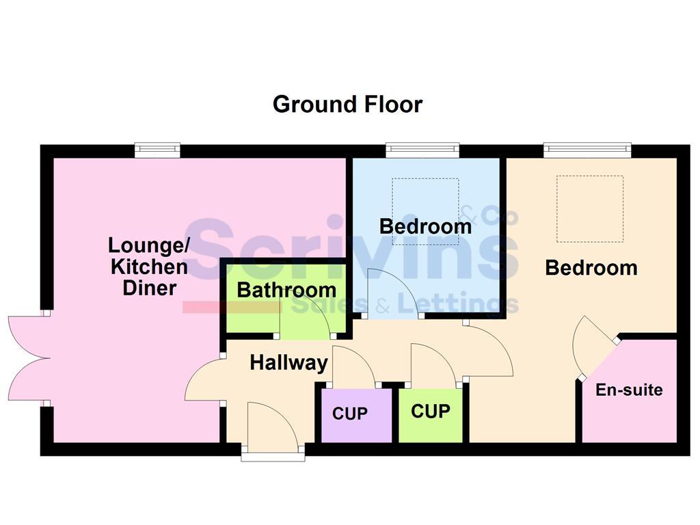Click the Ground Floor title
pyautogui.click(x=347, y=105)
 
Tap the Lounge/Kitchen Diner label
pyautogui.click(x=149, y=266)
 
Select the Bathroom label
pyautogui.click(x=286, y=290)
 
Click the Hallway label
pyautogui.click(x=288, y=362)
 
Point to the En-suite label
pyautogui.click(x=629, y=390)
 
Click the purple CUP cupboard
pyautogui.click(x=350, y=414)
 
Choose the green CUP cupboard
pyautogui.click(x=431, y=412)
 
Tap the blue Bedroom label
pyautogui.click(x=425, y=226)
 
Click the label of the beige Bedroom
pyautogui.click(x=591, y=268)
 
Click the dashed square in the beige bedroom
pyautogui.click(x=589, y=208)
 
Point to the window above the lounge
pyautogui.click(x=157, y=150)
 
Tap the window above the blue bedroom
pyautogui.click(x=422, y=150)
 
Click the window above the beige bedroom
pyautogui.click(x=587, y=150)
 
